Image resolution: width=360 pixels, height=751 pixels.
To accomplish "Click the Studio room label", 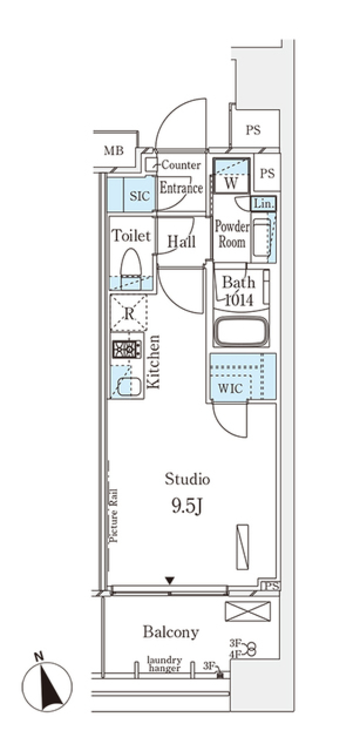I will tap(187, 479).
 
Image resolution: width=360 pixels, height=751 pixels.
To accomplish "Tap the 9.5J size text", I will tap(187, 506).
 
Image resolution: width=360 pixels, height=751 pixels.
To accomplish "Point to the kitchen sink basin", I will tap(129, 387).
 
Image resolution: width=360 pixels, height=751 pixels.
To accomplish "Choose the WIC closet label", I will tap(230, 388).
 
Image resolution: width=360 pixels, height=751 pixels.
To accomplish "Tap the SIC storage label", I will tap(139, 196).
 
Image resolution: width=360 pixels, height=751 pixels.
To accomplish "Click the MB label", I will tap(114, 151).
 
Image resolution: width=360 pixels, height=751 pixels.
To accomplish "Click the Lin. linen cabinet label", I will tap(264, 204).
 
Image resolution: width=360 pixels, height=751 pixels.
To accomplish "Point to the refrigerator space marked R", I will tap(129, 313).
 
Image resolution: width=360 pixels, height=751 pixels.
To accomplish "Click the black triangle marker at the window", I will tap(170, 581).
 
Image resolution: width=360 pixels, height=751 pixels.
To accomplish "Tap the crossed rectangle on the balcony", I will tap(247, 611).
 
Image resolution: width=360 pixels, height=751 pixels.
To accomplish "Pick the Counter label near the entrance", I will tap(181, 165).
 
